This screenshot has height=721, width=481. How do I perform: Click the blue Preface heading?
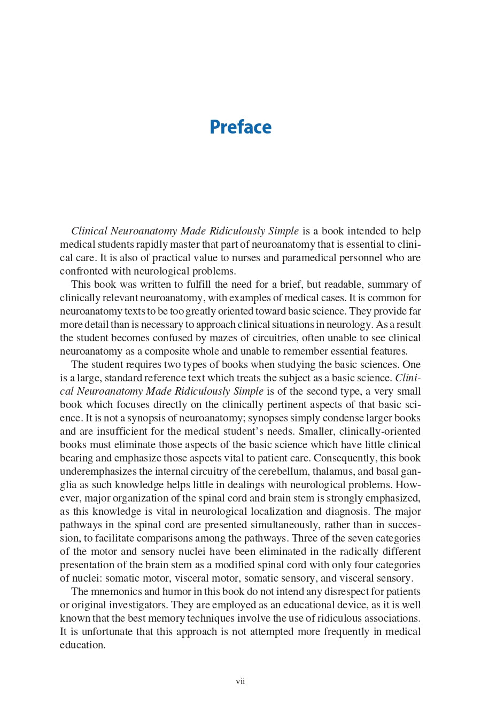[241, 127]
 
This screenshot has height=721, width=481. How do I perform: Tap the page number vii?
[241, 681]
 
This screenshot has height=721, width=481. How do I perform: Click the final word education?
[82, 645]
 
